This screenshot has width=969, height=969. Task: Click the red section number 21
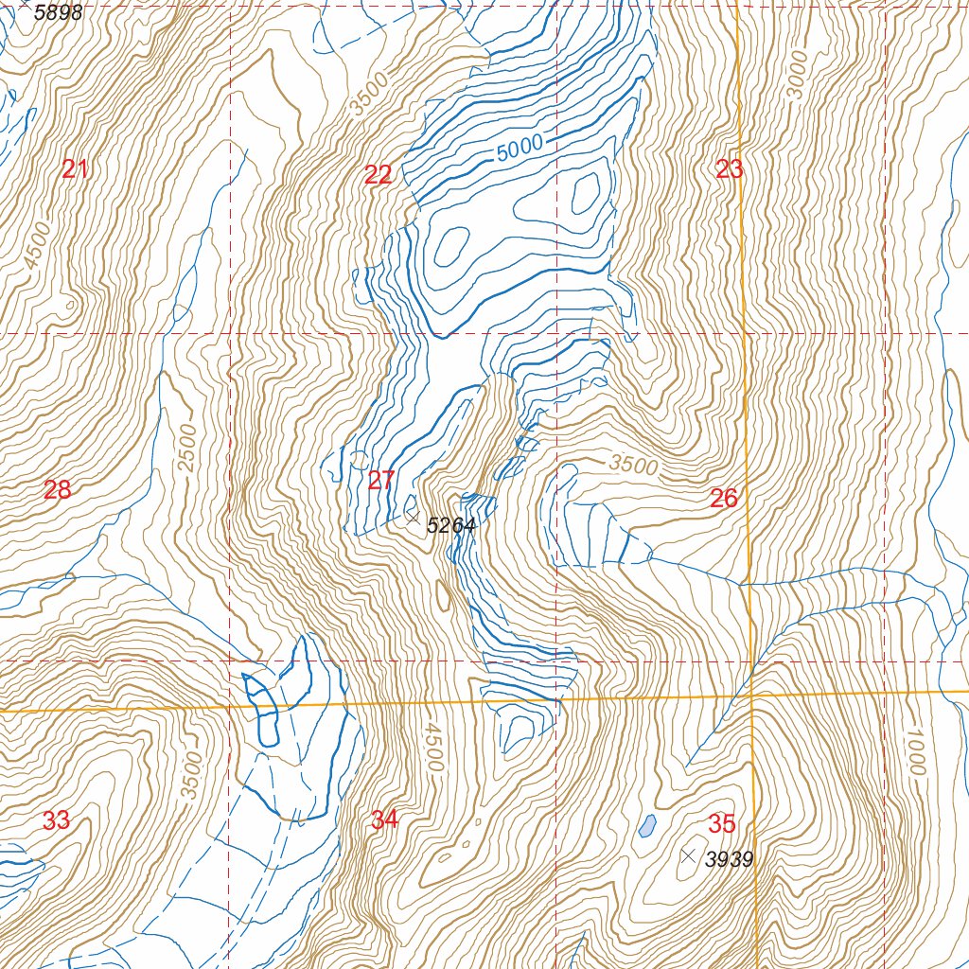pos(75,170)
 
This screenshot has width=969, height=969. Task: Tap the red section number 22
pos(378,174)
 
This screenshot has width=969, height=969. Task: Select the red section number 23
pos(730,170)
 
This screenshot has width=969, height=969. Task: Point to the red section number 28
pos(57,490)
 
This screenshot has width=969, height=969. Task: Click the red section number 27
pos(380,481)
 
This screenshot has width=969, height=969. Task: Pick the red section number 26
pos(724,499)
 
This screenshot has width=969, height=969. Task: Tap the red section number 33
pos(56,820)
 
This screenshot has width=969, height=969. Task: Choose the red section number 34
pos(384,820)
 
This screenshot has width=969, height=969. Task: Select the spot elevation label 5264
pos(450,526)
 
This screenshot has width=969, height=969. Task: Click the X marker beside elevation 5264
pos(413,518)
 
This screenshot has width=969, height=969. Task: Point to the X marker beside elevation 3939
pos(689,855)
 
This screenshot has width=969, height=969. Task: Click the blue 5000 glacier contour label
pos(519,148)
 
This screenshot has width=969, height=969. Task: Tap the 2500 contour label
pos(187,449)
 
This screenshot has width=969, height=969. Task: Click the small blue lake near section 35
pos(646,826)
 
